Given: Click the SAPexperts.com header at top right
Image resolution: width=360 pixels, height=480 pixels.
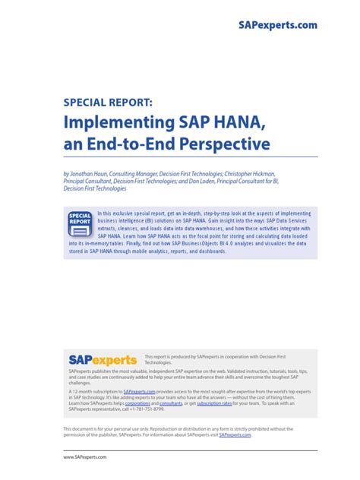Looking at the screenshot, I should [277, 25].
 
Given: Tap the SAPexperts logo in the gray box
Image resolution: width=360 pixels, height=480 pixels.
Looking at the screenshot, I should [102, 359].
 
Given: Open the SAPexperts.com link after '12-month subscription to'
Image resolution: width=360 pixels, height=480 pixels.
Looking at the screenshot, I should [141, 392].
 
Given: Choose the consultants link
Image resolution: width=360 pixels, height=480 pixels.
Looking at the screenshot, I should [171, 403].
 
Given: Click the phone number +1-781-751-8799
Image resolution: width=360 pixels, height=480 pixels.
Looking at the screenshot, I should [146, 409].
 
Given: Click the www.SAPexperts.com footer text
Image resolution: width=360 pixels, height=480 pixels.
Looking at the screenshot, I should [85, 457].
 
